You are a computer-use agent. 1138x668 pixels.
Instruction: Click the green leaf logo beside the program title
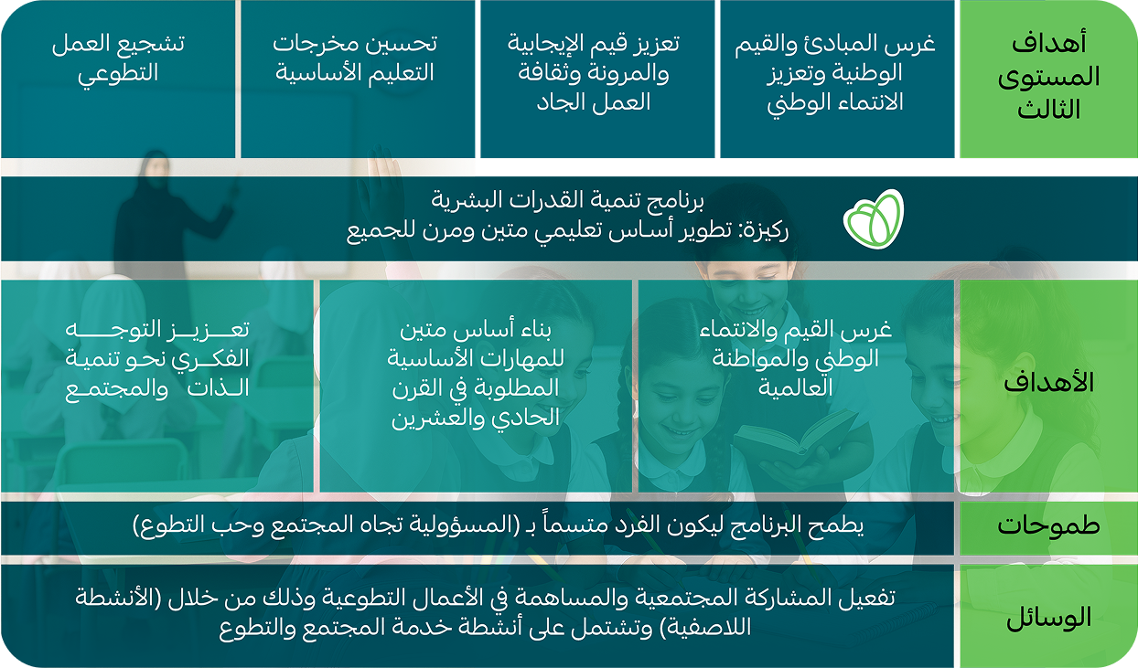point(874,219)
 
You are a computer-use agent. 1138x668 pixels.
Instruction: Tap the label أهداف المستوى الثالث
point(1048,77)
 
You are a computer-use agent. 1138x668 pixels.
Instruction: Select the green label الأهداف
point(1048,383)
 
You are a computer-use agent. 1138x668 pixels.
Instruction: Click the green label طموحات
point(1048,525)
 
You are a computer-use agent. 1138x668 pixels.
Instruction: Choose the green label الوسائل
point(1048,617)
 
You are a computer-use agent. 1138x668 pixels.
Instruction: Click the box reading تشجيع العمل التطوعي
point(118,79)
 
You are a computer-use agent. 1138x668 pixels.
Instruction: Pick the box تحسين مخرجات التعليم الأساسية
point(358,79)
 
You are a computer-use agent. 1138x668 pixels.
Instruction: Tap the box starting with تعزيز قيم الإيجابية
point(597,79)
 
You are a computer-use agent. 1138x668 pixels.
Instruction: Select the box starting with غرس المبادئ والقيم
point(837,79)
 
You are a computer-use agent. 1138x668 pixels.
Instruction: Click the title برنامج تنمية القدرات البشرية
point(567,200)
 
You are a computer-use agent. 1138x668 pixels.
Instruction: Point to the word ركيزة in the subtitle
point(768,231)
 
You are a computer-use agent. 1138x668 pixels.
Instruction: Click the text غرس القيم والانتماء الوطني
point(796,358)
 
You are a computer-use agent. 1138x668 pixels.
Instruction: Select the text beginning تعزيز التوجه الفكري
point(157,359)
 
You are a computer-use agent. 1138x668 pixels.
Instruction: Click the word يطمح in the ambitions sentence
point(839,525)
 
